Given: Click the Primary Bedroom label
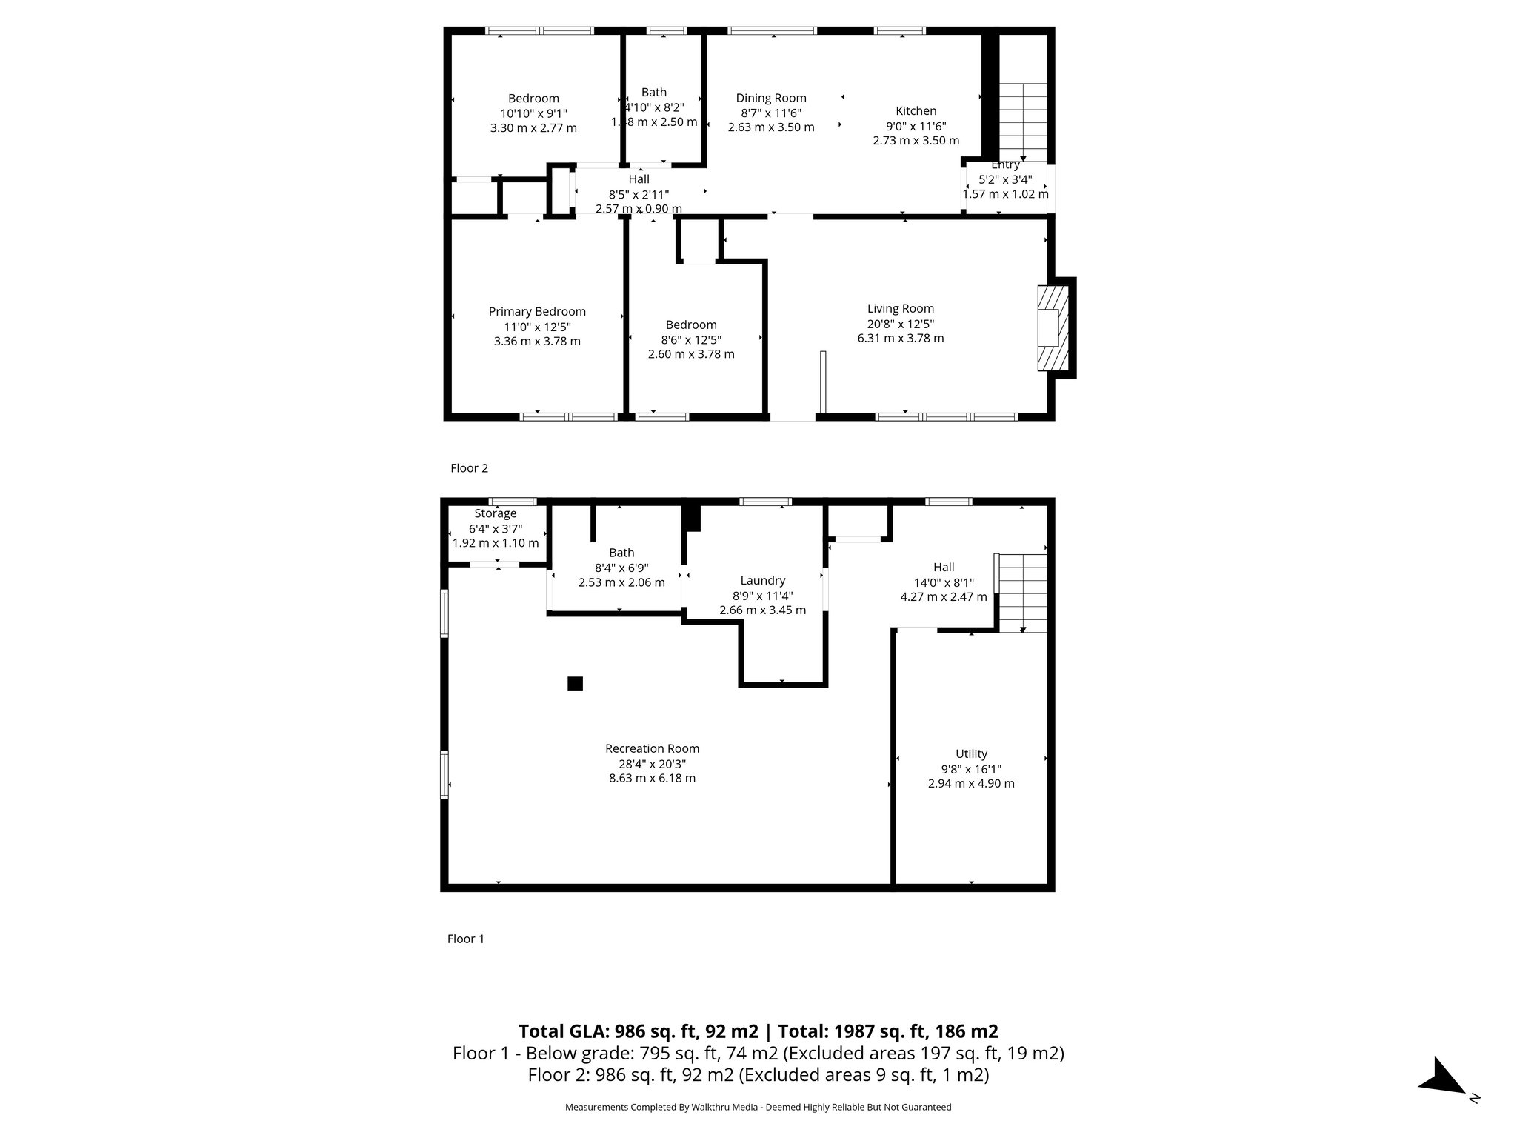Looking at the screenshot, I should coord(537,312).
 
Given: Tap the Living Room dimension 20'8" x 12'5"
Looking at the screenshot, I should coord(901,324).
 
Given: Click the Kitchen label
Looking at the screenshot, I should coord(916,111).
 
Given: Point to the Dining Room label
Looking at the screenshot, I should coord(771,98).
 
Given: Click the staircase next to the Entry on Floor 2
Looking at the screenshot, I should coord(1024,122).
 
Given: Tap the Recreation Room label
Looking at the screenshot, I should coord(652,748).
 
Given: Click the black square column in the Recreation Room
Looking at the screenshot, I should coord(575,683).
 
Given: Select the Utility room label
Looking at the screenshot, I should coord(971,753).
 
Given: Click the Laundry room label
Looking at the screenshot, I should coord(762,581).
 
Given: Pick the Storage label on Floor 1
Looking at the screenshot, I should coord(496,513).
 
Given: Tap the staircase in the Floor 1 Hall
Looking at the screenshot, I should coord(1023,593).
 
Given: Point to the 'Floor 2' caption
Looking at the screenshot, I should coord(469,468).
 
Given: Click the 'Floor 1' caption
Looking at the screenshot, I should coord(465,939).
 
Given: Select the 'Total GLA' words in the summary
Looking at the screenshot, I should coord(562,1031).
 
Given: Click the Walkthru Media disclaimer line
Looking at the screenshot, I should coord(758,1107).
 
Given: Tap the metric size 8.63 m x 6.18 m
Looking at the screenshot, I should coord(652,778).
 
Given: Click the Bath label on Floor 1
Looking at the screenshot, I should coord(621,553).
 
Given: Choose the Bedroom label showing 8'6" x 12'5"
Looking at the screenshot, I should coord(691,325).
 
